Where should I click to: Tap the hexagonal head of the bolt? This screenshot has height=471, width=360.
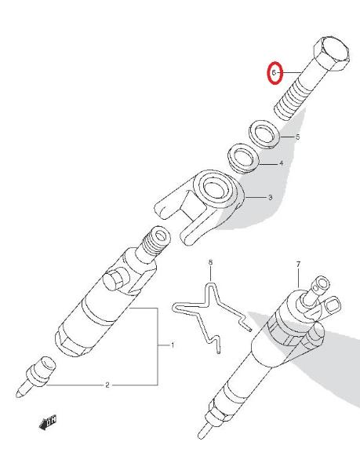point(332,54)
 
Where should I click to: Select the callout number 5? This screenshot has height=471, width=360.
point(297,137)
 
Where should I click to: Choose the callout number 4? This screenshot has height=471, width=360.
point(281,163)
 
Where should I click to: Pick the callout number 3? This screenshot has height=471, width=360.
point(271,198)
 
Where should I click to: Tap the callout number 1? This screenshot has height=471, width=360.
point(173,345)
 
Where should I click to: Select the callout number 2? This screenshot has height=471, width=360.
point(107,385)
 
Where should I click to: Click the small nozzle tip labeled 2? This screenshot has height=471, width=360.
point(35,378)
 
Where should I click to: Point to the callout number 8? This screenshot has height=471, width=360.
point(210,263)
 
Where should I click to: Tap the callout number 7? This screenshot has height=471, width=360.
point(298,265)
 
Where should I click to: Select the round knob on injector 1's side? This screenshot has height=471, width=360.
point(113,281)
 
